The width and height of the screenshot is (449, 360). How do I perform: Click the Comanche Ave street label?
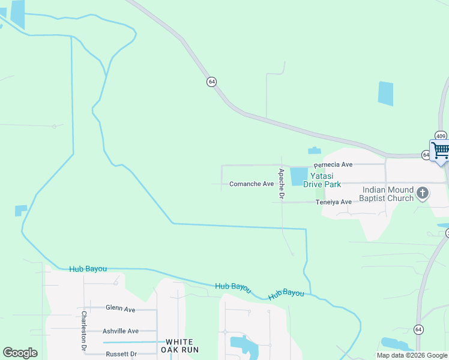pyautogui.click(x=252, y=184)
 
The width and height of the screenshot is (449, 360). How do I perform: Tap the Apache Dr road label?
pyautogui.click(x=280, y=184)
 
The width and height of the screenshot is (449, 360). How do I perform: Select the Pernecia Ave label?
pyautogui.click(x=333, y=164)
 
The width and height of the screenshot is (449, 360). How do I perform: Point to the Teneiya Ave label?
pyautogui.click(x=334, y=202)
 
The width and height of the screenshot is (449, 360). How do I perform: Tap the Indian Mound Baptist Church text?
pyautogui.click(x=388, y=194)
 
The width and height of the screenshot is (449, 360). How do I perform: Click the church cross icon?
pyautogui.click(x=423, y=193)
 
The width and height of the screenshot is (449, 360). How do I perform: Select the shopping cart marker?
pyautogui.click(x=440, y=150)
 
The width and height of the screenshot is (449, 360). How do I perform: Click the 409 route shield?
pyautogui.click(x=441, y=136)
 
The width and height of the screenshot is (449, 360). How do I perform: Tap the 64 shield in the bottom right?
pyautogui.click(x=418, y=329)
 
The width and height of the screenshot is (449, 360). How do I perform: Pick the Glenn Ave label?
pyautogui.click(x=121, y=308)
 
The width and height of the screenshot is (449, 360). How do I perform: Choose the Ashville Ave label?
pyautogui.click(x=121, y=331)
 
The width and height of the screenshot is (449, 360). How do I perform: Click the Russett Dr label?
pyautogui.click(x=120, y=353)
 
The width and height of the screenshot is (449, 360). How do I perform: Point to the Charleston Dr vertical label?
pyautogui.click(x=84, y=331)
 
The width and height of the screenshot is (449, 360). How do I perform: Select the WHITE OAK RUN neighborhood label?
pyautogui.click(x=179, y=346)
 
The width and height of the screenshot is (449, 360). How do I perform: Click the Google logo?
pyautogui.click(x=20, y=353)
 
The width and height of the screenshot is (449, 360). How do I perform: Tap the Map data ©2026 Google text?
pyautogui.click(x=411, y=355)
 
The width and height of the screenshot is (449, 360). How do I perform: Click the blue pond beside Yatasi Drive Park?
pyautogui.click(x=298, y=176)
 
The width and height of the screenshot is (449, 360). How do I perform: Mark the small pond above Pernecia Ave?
pyautogui.click(x=314, y=151)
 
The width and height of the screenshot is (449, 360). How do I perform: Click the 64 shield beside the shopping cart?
pyautogui.click(x=426, y=155)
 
